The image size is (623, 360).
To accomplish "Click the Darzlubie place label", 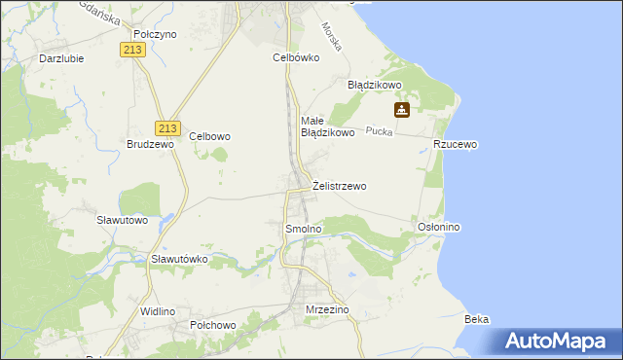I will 60,57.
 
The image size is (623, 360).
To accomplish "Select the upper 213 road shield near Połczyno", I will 135,50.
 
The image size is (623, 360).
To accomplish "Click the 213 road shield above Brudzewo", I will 168,127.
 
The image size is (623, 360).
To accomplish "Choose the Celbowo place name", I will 209,137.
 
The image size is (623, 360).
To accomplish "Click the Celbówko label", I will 296,57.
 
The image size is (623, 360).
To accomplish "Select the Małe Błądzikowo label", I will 326,126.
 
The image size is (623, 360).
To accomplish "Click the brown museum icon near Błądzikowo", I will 401,110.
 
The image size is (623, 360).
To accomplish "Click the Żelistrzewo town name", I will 340,186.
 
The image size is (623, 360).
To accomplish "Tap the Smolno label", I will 302,229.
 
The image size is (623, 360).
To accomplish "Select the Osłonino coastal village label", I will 438,227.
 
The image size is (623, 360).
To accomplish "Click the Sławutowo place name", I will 123,220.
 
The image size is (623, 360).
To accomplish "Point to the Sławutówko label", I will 180,260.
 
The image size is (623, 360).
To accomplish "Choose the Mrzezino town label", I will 326,309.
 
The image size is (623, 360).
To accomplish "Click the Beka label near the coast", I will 477,319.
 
